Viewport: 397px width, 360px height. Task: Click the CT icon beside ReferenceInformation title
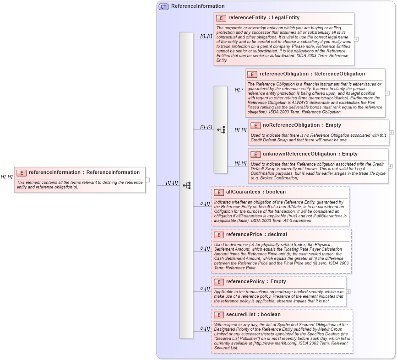click(163, 6)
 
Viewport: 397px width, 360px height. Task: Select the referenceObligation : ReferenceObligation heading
click(312, 74)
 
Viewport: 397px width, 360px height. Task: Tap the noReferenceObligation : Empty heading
click(301, 125)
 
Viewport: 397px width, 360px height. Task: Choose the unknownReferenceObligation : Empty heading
click(310, 154)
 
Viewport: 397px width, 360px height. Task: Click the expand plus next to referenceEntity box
click(356, 39)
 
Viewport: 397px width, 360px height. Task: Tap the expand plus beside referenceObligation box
click(387, 93)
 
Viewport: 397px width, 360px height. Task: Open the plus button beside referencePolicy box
click(348, 291)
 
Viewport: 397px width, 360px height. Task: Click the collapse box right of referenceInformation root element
click(147, 180)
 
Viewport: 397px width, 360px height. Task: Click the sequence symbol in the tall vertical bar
click(186, 185)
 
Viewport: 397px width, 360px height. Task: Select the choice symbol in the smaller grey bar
click(221, 130)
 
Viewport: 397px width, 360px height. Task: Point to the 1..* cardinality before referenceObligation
click(239, 90)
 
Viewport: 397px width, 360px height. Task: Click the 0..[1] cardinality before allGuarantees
click(205, 203)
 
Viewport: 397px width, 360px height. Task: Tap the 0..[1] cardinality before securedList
click(205, 328)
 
